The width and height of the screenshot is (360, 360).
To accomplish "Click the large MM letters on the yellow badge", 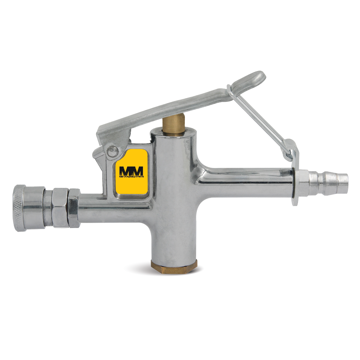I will [x=131, y=171].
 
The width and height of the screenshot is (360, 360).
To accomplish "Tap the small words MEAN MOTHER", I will [x=131, y=177].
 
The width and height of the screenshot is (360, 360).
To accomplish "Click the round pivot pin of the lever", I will [x=113, y=151].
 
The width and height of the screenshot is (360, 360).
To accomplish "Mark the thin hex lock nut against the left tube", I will [x=74, y=208].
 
